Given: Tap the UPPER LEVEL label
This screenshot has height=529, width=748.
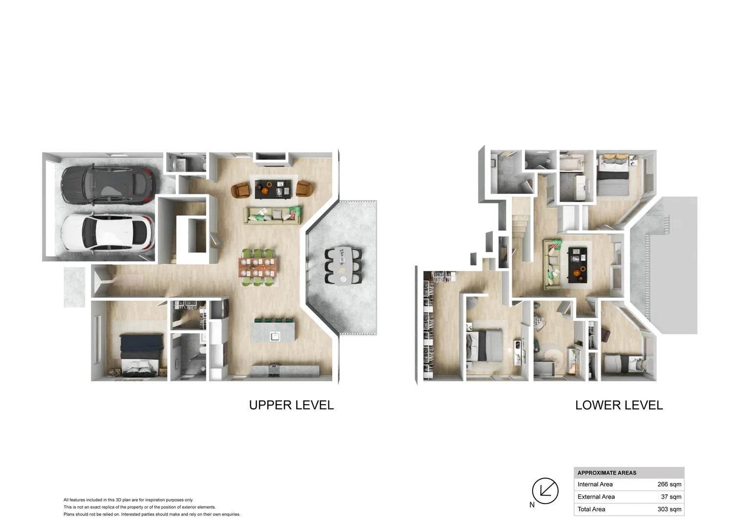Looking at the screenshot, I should pyautogui.click(x=291, y=405).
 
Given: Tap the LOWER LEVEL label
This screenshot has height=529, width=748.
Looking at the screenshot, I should pyautogui.click(x=619, y=405).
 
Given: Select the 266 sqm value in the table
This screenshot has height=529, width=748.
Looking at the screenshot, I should pyautogui.click(x=669, y=484).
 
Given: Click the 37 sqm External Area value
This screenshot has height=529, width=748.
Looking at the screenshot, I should pyautogui.click(x=671, y=497).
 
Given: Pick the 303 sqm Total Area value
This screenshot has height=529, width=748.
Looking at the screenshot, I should pyautogui.click(x=669, y=509).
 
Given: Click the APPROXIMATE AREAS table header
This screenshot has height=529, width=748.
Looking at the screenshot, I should pyautogui.click(x=607, y=473).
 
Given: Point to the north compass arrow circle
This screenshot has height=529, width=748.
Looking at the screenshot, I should pyautogui.click(x=545, y=490).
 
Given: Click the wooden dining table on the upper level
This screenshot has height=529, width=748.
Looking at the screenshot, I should pyautogui.click(x=257, y=267).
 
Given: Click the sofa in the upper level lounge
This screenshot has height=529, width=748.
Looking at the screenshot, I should pyautogui.click(x=272, y=216).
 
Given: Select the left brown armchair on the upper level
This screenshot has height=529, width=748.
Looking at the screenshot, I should pyautogui.click(x=240, y=190).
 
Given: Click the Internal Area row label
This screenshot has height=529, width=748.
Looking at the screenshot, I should pyautogui.click(x=595, y=484).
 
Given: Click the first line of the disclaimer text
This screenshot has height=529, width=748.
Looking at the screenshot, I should pyautogui.click(x=128, y=500).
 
